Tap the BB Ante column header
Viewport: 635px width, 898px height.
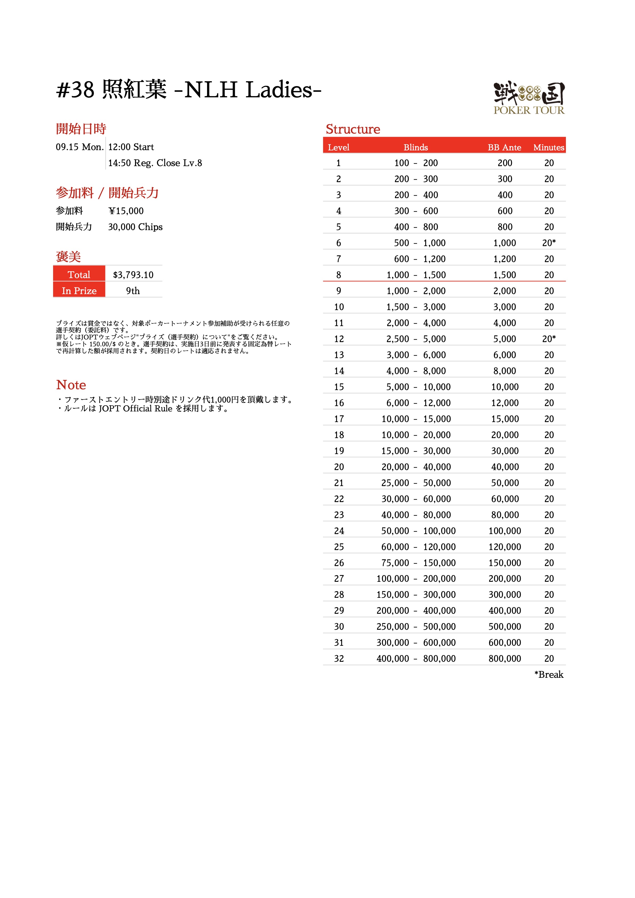(504, 147)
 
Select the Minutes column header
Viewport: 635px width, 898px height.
(549, 147)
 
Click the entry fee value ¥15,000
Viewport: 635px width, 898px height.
(126, 211)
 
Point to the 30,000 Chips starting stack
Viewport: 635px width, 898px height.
(135, 227)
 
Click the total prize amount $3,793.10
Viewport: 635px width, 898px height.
(133, 275)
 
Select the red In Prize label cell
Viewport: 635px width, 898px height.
(79, 291)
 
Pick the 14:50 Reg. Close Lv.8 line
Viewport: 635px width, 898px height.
(155, 163)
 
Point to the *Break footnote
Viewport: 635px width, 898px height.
(549, 675)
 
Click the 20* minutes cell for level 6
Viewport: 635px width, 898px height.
(549, 243)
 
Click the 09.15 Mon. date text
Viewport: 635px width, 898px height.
(80, 147)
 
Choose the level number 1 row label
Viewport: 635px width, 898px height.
(338, 163)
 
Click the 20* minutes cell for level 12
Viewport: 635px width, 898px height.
(549, 339)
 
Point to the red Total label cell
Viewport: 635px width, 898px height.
(79, 275)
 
